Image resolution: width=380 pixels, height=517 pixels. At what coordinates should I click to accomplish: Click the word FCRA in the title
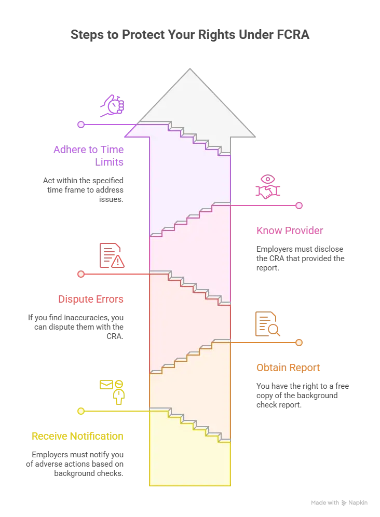coord(291,35)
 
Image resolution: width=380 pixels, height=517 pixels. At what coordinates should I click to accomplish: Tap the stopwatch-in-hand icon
coord(113,106)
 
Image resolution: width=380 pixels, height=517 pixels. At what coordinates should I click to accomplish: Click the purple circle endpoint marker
coord(81,125)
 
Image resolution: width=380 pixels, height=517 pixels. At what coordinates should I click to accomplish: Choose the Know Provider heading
coord(290,230)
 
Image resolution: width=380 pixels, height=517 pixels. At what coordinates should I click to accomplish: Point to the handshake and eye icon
coord(268,187)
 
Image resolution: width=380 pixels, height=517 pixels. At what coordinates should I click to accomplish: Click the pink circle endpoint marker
coord(299,206)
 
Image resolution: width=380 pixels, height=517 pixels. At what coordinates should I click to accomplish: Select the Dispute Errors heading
coord(91,299)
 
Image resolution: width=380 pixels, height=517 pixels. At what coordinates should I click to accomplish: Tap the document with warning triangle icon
coord(112,255)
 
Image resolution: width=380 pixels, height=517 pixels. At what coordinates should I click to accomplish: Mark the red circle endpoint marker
coord(81,274)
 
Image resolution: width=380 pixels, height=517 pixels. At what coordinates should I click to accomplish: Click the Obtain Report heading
coord(288,368)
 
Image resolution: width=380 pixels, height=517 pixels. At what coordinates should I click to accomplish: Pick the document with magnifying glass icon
coord(268,324)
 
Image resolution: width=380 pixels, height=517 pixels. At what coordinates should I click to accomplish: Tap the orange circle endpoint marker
coord(299,343)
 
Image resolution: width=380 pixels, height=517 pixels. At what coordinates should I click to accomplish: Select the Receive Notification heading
coord(77,436)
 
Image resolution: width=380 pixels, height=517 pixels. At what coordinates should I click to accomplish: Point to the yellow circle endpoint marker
coord(81,411)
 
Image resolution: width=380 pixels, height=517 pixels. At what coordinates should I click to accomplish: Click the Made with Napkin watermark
coord(339,502)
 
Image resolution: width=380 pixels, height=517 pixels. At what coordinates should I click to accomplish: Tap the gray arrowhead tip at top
coord(190,69)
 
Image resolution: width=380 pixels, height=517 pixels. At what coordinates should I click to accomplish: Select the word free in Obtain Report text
coord(342,386)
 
